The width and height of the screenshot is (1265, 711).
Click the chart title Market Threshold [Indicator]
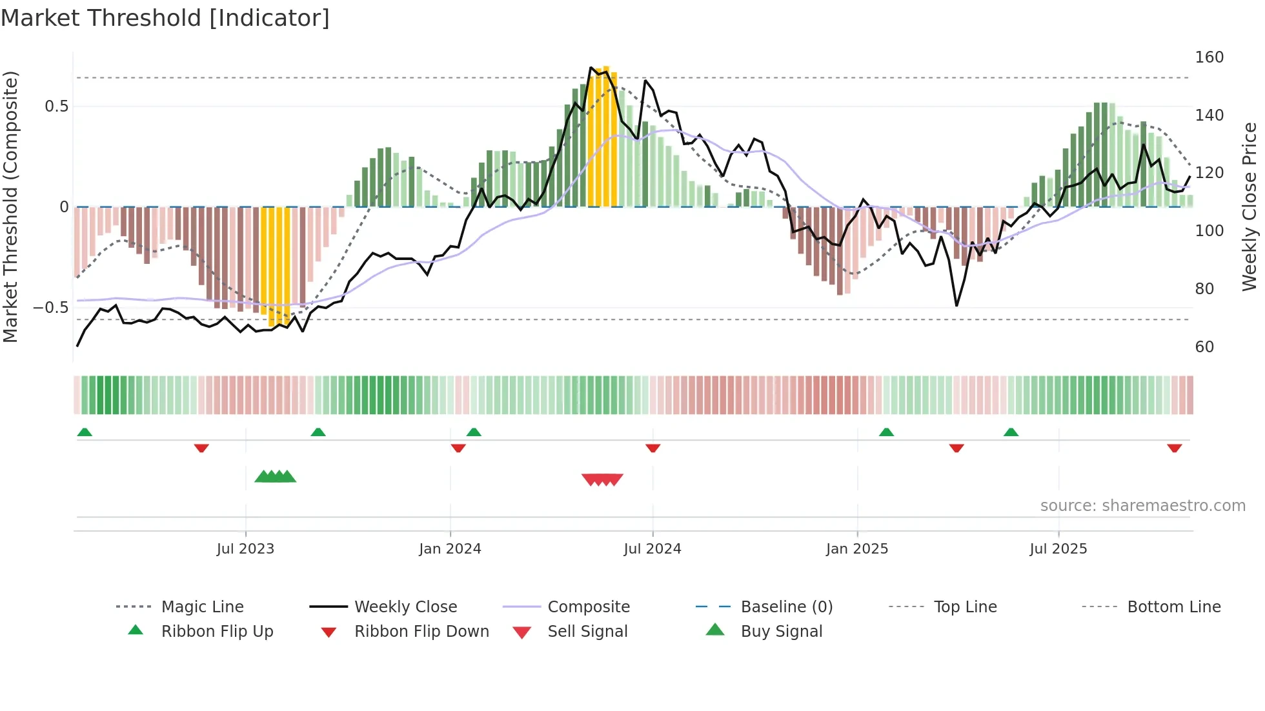pos(165,18)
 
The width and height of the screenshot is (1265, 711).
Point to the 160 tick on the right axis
pos(1209,57)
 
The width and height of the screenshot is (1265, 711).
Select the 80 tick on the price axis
pos(1204,289)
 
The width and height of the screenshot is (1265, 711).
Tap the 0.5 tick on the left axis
pos(56,106)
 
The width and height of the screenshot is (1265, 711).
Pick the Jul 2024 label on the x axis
pos(652,549)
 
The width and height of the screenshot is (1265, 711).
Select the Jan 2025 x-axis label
pos(856,549)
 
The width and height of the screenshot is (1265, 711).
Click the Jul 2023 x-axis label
pos(245,549)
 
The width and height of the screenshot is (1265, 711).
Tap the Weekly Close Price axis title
pos(1250,206)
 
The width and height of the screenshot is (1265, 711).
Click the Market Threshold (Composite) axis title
pos(10,206)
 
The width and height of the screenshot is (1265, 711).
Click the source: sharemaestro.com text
pos(1142,506)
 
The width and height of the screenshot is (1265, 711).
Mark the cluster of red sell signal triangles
pos(602,479)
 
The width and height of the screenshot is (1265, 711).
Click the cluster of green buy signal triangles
pos(275,477)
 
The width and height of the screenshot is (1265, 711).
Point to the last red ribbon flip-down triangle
pos(1174,448)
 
